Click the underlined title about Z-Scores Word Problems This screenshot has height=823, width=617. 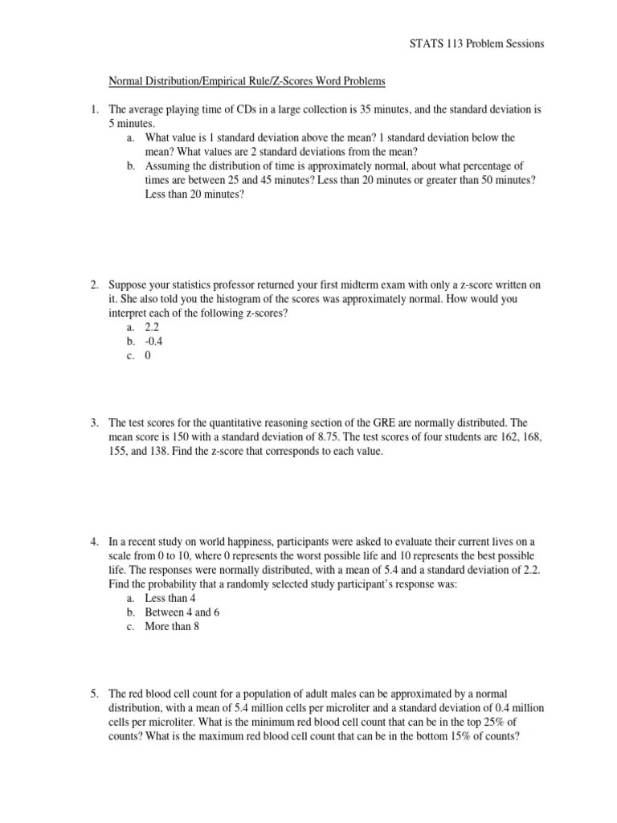[x=247, y=81]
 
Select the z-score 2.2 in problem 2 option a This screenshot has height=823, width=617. [x=152, y=328]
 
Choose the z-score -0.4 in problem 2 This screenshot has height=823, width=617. [x=153, y=342]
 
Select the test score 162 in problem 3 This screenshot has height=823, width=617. [x=509, y=437]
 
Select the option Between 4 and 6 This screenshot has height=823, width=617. [x=182, y=612]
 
